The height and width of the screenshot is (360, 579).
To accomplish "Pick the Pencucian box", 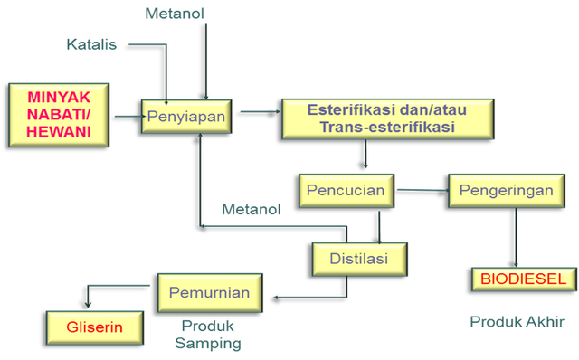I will point(346,191).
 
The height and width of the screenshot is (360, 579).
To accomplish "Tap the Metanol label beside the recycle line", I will point(251,210).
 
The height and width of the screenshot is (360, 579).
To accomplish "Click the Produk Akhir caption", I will point(517,321).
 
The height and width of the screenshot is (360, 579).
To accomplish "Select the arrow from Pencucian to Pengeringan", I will point(422,190).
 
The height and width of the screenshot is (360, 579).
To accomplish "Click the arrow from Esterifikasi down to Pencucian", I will point(365,155).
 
